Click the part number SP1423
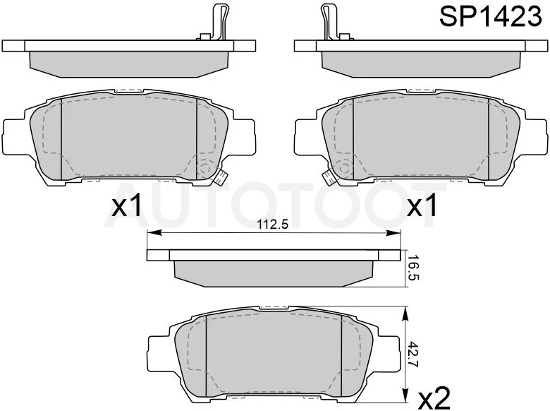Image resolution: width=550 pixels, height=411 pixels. point(491,16)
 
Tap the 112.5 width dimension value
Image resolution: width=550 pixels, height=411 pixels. point(273,224)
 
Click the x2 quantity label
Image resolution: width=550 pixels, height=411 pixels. point(434,398)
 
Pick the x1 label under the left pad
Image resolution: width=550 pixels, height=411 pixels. point(127,205)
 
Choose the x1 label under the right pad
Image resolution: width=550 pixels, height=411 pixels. point(422,205)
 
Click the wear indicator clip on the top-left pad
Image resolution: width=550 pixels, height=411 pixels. point(219,22)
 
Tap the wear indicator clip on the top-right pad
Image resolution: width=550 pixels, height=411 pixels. point(330,22)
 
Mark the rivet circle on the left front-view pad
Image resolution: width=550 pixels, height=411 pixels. point(204,167)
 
